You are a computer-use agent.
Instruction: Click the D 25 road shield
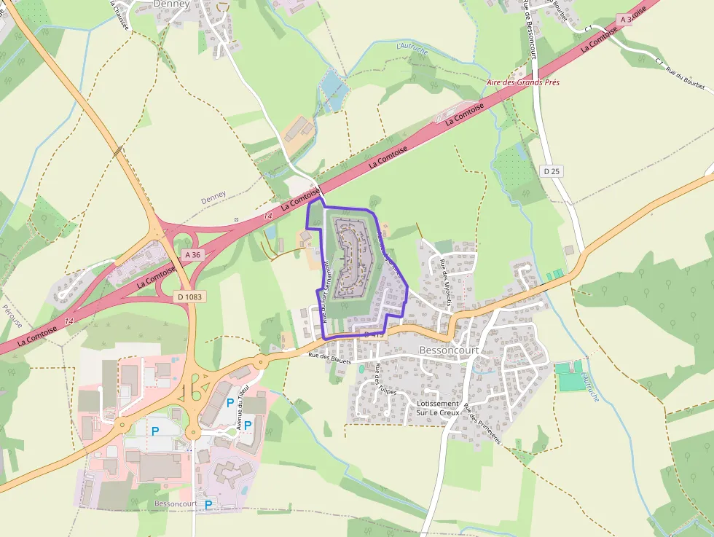point(552,171)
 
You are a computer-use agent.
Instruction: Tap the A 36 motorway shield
point(192,255)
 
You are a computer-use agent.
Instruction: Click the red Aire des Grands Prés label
point(523,84)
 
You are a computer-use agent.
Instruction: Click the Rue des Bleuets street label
point(329,358)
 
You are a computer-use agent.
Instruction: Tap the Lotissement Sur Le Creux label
point(438,408)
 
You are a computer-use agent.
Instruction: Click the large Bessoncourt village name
point(449,350)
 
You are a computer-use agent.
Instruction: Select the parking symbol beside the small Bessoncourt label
point(208,504)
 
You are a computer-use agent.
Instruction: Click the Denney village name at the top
point(172,4)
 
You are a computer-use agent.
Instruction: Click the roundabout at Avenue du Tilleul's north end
point(259,361)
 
